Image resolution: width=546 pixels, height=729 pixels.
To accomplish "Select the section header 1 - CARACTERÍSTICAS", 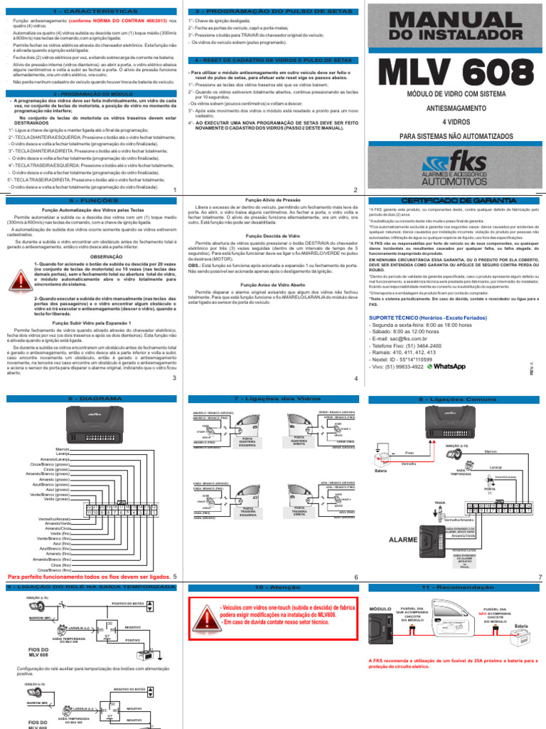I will pos(88,12).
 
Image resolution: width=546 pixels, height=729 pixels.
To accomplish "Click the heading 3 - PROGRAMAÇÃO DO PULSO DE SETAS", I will pos(271,12).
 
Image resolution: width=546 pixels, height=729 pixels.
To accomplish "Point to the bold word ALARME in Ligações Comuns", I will pos(403,540).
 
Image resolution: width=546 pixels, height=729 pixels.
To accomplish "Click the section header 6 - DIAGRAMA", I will pos(88,401).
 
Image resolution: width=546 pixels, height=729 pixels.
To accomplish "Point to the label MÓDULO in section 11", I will pos(382,609).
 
